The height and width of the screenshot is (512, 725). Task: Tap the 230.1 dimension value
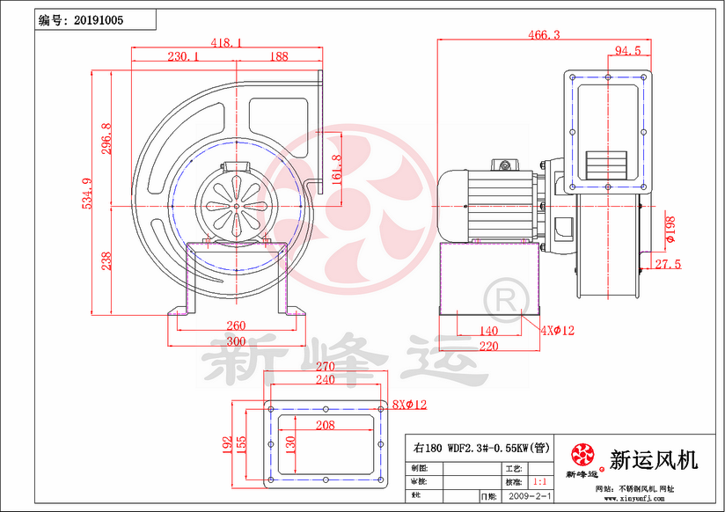pos(183,56)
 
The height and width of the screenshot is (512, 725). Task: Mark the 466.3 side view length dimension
pos(545,35)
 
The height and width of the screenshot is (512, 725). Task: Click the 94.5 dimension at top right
pos(626,51)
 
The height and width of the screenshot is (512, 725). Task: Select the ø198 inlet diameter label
pos(670,226)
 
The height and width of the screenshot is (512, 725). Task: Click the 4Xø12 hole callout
pos(557,331)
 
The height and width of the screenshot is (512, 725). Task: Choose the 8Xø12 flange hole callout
pos(409,405)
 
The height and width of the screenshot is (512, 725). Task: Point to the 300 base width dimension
pos(235,340)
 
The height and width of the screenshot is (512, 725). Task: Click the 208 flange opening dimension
pos(325,425)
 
